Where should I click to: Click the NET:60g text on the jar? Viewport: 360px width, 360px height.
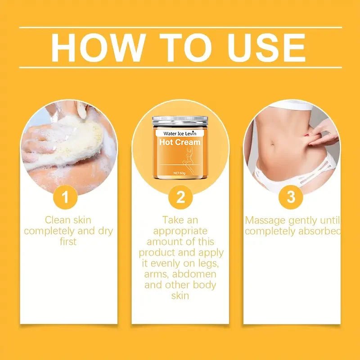180,173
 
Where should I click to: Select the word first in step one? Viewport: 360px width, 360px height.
68,242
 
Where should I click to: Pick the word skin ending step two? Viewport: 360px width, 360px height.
180,296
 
